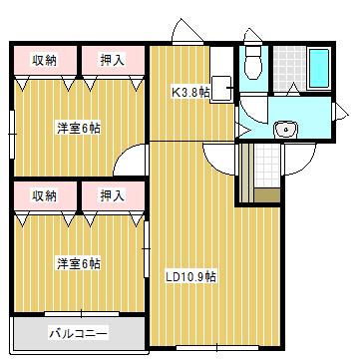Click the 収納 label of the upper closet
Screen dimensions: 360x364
(44, 60)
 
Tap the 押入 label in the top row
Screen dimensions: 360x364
(112, 60)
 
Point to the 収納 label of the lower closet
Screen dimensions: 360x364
(44, 195)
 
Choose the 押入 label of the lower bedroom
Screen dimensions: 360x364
(112, 195)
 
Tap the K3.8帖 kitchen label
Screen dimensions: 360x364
(190, 92)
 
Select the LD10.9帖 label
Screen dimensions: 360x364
(190, 277)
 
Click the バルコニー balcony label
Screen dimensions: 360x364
(78, 332)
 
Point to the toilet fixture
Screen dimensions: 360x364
(252, 64)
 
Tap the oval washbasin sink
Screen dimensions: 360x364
(286, 127)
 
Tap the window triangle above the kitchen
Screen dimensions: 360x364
(182, 30)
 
